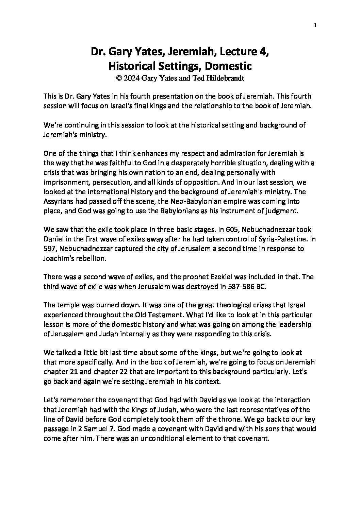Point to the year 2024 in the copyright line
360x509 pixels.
[x=132, y=78]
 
